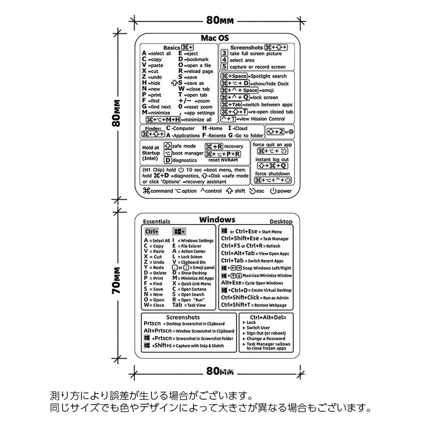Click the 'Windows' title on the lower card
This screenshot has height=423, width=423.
(x=217, y=220)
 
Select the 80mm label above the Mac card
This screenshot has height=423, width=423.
(x=220, y=20)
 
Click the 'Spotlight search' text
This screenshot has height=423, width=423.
(x=269, y=76)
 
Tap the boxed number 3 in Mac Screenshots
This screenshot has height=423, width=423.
(x=225, y=53)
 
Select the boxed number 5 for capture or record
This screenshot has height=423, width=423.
(x=225, y=66)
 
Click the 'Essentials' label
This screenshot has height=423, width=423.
(x=156, y=222)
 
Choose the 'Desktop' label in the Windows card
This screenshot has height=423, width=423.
(x=281, y=222)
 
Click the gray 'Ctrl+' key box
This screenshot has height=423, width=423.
(x=152, y=232)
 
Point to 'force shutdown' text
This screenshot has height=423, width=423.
(x=272, y=174)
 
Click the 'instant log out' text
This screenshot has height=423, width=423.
(x=272, y=159)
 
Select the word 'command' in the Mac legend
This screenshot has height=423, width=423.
(x=161, y=191)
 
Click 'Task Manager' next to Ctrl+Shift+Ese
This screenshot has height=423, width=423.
(x=275, y=239)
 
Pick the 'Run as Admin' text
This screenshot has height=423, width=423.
(x=275, y=298)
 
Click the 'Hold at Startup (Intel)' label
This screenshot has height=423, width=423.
(x=151, y=153)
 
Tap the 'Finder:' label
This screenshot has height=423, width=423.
(x=153, y=128)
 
